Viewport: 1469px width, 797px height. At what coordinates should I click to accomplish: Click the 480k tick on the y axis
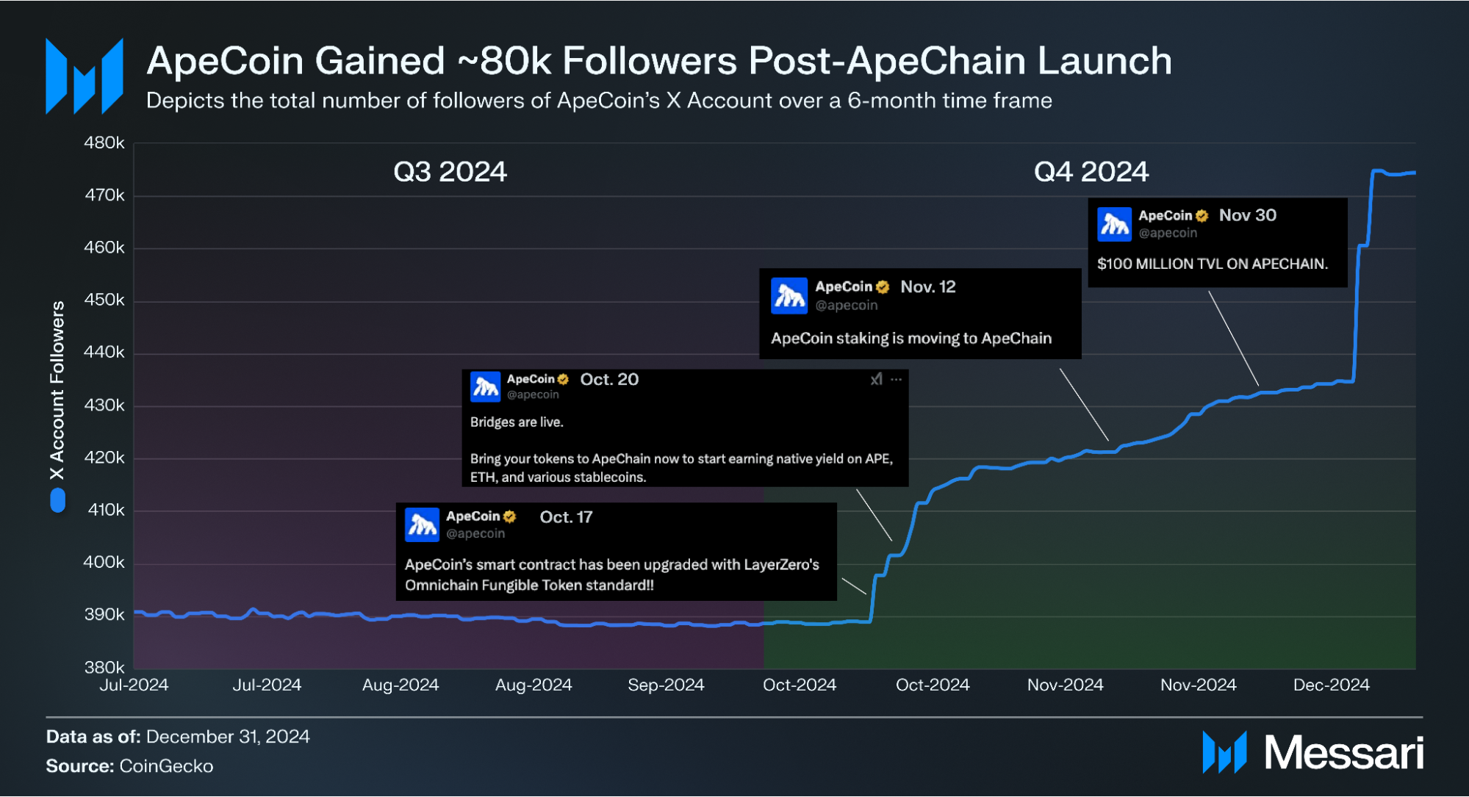[x=104, y=143]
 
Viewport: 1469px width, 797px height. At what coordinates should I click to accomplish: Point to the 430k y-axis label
[x=104, y=405]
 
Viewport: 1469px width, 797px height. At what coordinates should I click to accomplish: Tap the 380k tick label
[x=104, y=667]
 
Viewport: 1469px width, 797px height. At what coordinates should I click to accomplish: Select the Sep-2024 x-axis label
[x=666, y=685]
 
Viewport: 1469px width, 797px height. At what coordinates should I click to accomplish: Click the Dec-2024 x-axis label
[x=1331, y=685]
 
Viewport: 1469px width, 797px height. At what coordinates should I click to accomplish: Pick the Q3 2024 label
[x=450, y=172]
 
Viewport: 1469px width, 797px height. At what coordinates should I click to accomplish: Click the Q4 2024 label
[x=1091, y=172]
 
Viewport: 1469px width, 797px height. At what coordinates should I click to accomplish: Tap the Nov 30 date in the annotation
[x=1247, y=215]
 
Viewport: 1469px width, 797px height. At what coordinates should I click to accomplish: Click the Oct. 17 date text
[x=566, y=517]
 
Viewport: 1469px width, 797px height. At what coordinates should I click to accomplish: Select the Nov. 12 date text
[x=927, y=287]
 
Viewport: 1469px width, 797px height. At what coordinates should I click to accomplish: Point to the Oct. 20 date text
[x=609, y=379]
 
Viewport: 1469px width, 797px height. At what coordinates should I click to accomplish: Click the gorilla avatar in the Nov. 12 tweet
[x=789, y=295]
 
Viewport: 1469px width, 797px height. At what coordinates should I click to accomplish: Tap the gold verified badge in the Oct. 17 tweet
[x=510, y=516]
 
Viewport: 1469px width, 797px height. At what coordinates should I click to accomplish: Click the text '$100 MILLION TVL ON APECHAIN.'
[x=1212, y=264]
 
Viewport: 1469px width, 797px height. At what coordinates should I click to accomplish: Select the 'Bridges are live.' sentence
[x=517, y=422]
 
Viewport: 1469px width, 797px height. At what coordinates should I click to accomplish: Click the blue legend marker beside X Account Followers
[x=57, y=501]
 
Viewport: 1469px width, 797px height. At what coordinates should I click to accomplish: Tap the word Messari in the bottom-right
[x=1343, y=753]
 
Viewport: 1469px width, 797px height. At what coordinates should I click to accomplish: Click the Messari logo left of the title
[x=84, y=76]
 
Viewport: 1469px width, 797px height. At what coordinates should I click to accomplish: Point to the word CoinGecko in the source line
[x=166, y=766]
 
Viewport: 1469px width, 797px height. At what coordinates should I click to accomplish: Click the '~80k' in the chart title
[x=504, y=61]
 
